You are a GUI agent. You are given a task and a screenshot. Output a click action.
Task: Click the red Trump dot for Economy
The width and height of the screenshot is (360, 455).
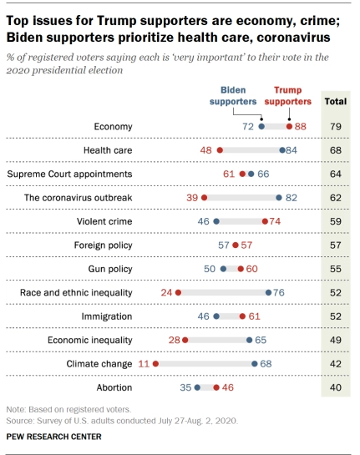click(289, 127)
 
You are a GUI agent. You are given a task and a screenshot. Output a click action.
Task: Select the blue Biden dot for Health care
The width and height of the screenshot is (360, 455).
click(282, 150)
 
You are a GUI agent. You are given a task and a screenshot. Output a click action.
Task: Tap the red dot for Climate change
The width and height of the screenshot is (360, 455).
click(155, 364)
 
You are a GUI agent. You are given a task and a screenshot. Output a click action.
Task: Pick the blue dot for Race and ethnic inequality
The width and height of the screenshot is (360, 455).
click(269, 292)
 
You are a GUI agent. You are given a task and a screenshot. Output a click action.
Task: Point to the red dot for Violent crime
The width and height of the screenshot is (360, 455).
click(265, 221)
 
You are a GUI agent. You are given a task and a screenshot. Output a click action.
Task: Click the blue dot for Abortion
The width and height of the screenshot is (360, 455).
click(197, 387)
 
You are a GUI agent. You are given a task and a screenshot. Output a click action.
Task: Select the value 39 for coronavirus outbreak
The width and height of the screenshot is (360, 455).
click(192, 198)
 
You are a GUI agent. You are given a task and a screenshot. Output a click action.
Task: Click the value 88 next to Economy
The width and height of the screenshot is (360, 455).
click(301, 127)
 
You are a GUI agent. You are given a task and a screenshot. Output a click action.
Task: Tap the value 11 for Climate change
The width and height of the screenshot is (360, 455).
click(144, 364)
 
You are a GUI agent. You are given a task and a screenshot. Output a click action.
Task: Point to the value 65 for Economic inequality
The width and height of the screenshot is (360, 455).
click(261, 340)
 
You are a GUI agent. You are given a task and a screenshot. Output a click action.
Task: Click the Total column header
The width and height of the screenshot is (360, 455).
click(336, 101)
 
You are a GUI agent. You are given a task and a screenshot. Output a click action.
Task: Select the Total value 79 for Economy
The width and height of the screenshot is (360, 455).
click(336, 127)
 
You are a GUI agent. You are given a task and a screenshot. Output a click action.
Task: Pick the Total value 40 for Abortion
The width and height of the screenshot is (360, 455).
click(336, 387)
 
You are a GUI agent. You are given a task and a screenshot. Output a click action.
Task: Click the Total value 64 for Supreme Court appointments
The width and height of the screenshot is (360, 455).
click(336, 174)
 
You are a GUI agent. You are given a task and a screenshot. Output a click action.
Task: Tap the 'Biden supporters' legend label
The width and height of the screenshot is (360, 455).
click(233, 96)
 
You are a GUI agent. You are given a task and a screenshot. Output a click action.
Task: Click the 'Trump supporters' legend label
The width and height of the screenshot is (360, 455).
click(287, 96)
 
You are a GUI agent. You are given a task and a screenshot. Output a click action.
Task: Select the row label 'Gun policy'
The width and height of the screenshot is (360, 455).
click(110, 269)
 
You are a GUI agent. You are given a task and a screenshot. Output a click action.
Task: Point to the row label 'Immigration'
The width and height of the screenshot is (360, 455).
click(107, 316)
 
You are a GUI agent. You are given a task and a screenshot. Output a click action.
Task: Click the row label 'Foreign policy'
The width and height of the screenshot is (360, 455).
click(104, 245)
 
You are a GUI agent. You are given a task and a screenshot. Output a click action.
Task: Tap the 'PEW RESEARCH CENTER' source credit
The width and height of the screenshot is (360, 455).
click(54, 437)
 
